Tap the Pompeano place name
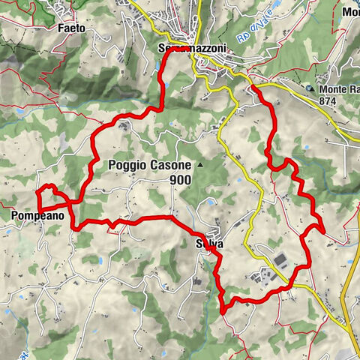[x=37, y=216]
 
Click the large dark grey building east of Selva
[x=281, y=259]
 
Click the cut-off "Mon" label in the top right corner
[x=350, y=12]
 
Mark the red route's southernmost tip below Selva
[x=223, y=310]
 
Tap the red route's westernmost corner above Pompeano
[x=37, y=193]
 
